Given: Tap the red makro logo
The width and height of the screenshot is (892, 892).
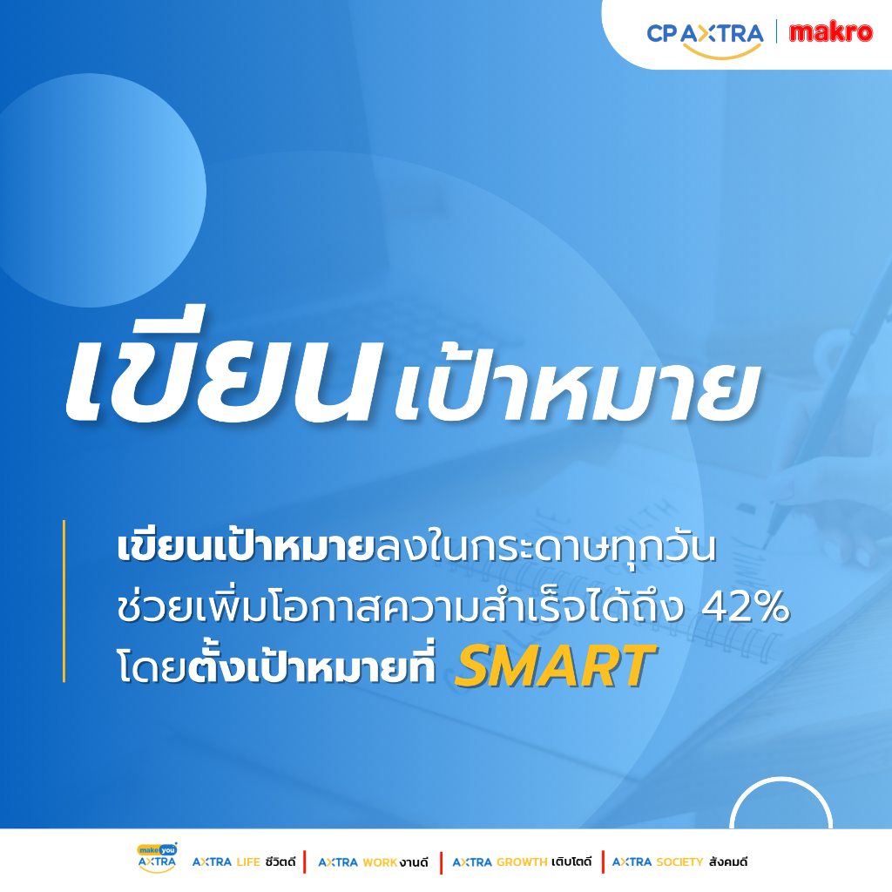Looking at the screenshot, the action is click(x=830, y=32).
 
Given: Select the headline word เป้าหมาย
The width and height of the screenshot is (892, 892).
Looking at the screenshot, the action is click(x=578, y=387).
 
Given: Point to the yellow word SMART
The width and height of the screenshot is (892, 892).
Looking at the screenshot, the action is click(x=555, y=666).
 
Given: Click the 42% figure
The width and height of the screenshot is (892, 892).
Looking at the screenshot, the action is click(x=746, y=607).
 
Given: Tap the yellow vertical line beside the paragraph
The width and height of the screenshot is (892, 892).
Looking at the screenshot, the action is click(x=64, y=601).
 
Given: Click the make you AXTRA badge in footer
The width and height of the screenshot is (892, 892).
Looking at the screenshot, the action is click(x=157, y=858).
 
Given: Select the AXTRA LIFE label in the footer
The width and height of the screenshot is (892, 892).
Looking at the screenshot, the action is click(x=244, y=862).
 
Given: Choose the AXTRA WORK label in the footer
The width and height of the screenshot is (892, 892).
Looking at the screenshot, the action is click(x=373, y=862).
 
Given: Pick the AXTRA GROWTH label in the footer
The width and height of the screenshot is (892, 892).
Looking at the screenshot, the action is click(x=522, y=862).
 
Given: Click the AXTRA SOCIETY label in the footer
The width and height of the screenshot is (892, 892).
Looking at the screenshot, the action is click(x=679, y=862).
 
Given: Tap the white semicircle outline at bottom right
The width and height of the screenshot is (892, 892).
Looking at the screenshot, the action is click(x=780, y=780).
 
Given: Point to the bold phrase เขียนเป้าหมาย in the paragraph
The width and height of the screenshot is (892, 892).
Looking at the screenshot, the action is click(x=246, y=546).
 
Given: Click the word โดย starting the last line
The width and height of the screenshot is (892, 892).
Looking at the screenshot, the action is click(x=152, y=666).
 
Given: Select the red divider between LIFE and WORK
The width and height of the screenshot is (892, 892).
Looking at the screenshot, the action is click(x=305, y=862).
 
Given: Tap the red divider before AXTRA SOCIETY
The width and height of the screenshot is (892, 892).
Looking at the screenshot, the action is click(x=603, y=862).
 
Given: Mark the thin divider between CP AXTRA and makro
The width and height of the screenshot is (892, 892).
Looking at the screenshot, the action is click(x=776, y=32).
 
